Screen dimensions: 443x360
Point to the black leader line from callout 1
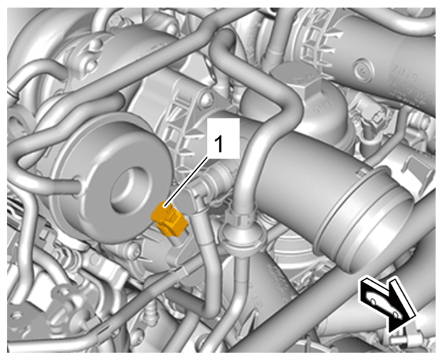(187, 182)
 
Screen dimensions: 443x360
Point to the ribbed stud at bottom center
(151, 313)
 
